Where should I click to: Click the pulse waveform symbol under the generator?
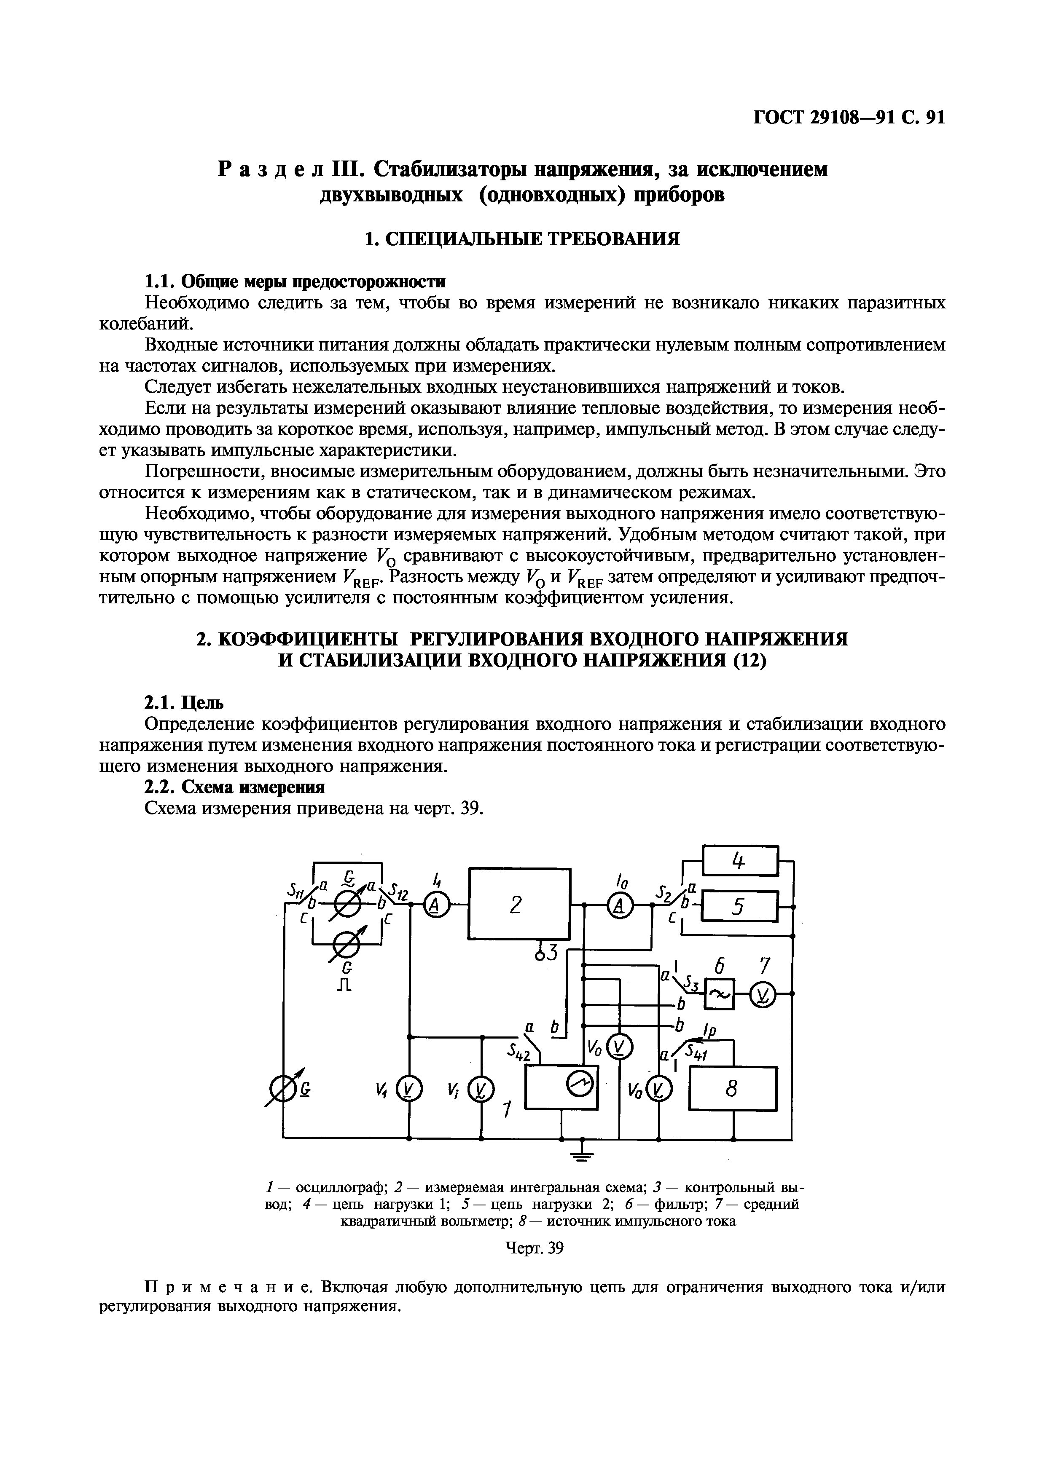click(345, 984)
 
